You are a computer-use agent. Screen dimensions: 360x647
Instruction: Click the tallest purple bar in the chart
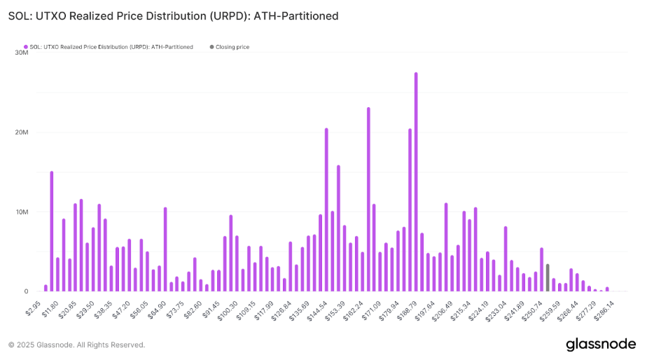416,182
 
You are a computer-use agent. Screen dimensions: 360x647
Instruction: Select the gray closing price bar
548,278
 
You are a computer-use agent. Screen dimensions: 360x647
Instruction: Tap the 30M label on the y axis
20,53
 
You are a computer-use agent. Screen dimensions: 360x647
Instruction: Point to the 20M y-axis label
20,132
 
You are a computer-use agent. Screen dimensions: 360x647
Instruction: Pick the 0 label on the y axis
25,291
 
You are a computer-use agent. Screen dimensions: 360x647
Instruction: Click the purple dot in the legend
26,47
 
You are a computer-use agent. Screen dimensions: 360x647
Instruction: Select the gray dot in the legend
211,47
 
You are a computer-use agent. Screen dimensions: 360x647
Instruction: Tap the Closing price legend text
232,47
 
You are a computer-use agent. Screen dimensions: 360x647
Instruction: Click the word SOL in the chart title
19,15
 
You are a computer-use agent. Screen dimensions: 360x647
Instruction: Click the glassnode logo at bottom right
600,344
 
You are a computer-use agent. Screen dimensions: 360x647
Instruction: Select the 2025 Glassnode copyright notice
76,345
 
